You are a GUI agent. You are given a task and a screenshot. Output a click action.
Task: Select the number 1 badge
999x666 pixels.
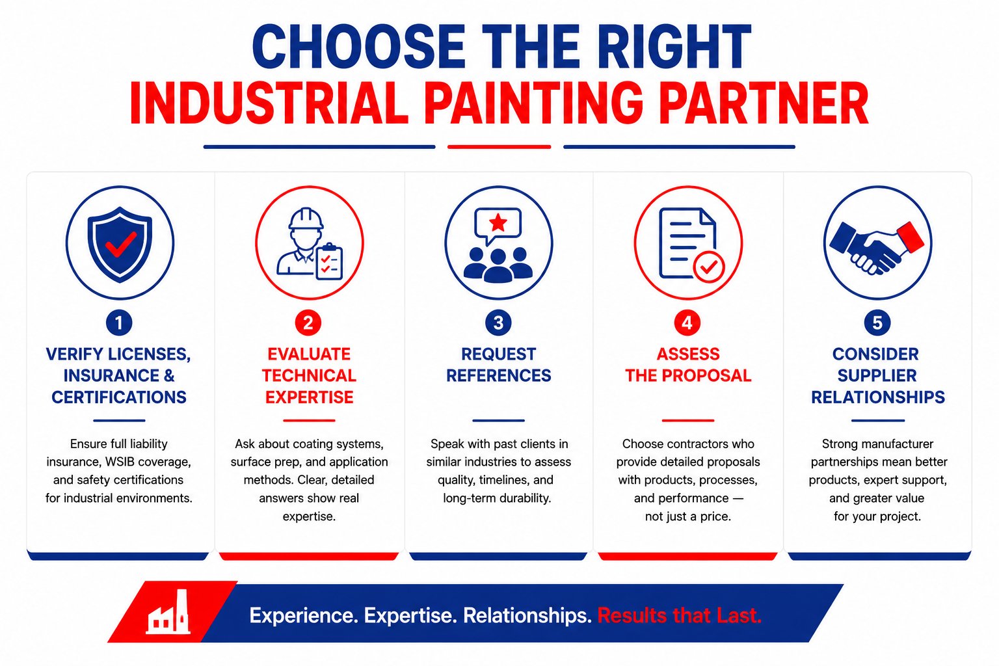pos(119,323)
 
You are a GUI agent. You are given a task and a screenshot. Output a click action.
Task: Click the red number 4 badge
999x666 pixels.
pos(687,323)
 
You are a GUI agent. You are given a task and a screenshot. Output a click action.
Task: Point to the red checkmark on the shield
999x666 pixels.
pos(120,245)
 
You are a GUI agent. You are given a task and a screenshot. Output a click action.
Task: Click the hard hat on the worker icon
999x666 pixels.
pos(306,219)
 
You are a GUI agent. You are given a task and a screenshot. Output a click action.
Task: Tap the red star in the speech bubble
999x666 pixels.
pos(498,222)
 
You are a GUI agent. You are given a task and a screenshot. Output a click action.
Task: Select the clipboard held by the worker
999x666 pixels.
pos(329,262)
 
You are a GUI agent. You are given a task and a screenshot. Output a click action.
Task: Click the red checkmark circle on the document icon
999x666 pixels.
pos(709,267)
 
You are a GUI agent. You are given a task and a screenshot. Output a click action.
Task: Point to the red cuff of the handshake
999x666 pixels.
pos(910,237)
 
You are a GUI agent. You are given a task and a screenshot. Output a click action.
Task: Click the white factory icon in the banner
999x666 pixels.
pos(168,611)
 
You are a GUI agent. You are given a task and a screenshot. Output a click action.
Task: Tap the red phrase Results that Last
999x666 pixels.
pos(679,615)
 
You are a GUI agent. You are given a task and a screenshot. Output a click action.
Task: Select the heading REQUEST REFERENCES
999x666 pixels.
pos(499,365)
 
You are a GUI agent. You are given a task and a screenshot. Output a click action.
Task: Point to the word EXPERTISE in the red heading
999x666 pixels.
pos(309,397)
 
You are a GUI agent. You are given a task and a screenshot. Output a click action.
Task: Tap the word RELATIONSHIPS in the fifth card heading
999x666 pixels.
pos(877,397)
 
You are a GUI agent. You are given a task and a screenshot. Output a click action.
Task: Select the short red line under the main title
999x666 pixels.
pos(499,147)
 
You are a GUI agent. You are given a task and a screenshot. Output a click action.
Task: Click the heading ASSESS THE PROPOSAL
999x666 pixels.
pos(688,365)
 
